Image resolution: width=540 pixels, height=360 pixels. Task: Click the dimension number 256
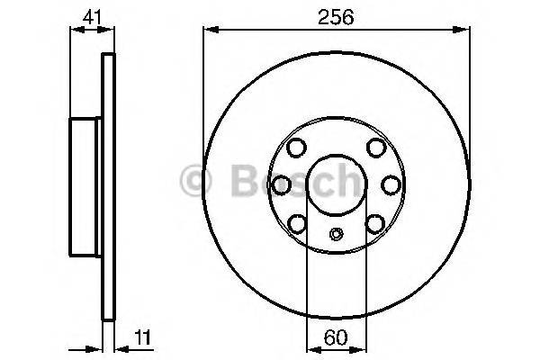336,16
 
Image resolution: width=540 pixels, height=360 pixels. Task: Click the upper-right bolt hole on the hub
376,149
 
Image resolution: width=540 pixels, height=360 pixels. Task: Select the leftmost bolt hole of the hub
282,184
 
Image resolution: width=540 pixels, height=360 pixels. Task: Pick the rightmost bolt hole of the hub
391,184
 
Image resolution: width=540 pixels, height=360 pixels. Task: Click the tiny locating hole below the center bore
337,236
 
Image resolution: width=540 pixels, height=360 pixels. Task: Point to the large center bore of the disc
336,184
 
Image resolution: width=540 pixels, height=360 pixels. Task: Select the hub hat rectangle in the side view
87,184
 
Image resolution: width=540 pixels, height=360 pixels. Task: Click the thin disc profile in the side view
109,184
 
